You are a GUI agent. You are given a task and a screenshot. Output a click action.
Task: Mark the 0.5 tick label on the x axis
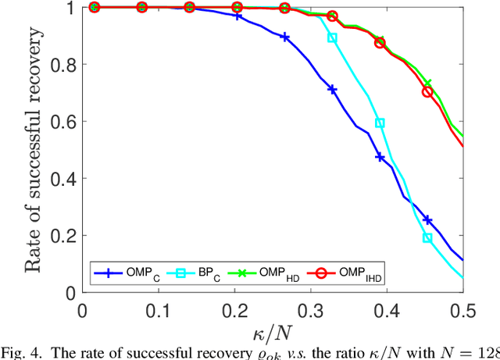coord(464,309)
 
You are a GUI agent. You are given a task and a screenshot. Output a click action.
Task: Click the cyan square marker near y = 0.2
coord(427,238)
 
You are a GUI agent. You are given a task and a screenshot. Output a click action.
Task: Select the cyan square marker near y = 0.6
coord(380,123)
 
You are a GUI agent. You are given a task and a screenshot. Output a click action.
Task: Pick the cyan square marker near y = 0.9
coord(332,37)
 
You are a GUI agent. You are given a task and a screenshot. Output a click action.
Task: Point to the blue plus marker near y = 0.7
coord(332,90)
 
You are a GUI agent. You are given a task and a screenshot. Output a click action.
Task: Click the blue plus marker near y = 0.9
coord(284,37)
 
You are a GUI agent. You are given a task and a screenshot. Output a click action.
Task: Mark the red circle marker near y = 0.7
coord(427,91)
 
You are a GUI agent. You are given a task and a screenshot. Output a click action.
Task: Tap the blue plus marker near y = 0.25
coord(427,220)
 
